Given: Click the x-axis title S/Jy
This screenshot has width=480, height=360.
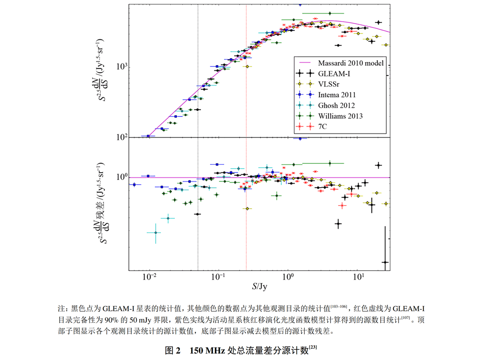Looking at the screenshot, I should (x=260, y=286).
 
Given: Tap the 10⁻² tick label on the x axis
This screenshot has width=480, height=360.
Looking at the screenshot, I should (x=149, y=277).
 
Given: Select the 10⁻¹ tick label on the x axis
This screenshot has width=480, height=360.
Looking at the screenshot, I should (x=218, y=277).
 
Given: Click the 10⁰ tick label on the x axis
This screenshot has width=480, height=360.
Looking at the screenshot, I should (x=288, y=277).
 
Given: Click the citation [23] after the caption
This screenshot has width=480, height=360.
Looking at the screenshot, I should (x=313, y=348).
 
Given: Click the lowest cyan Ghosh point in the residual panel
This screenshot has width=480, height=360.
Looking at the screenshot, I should (x=156, y=233).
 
